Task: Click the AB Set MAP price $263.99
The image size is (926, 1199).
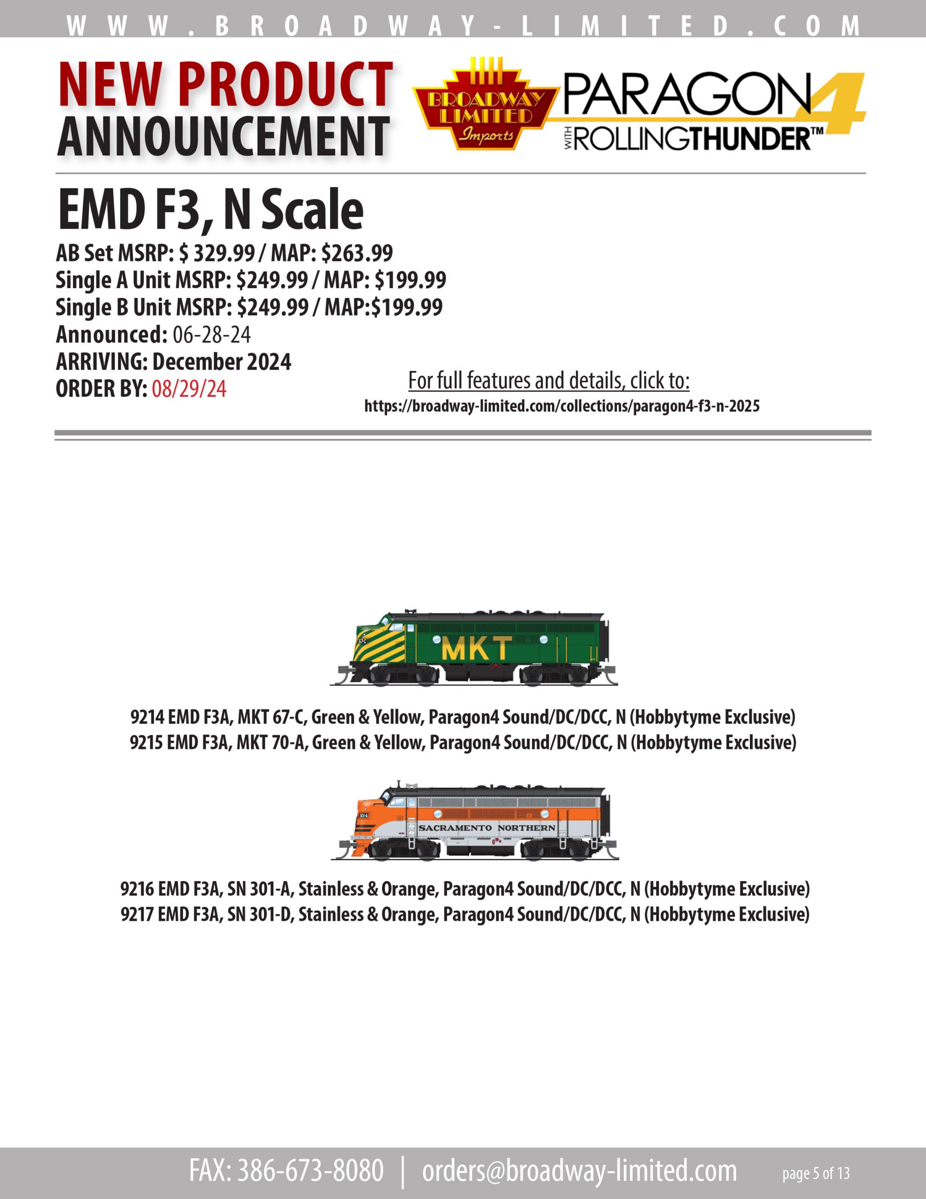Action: (357, 253)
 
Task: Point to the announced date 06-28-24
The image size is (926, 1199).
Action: (212, 334)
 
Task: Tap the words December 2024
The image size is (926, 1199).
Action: (222, 362)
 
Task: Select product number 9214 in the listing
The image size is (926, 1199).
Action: (147, 717)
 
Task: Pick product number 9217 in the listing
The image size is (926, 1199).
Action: (137, 915)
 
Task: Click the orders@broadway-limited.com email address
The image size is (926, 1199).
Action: (580, 1171)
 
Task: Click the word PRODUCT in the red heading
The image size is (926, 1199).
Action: (286, 85)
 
